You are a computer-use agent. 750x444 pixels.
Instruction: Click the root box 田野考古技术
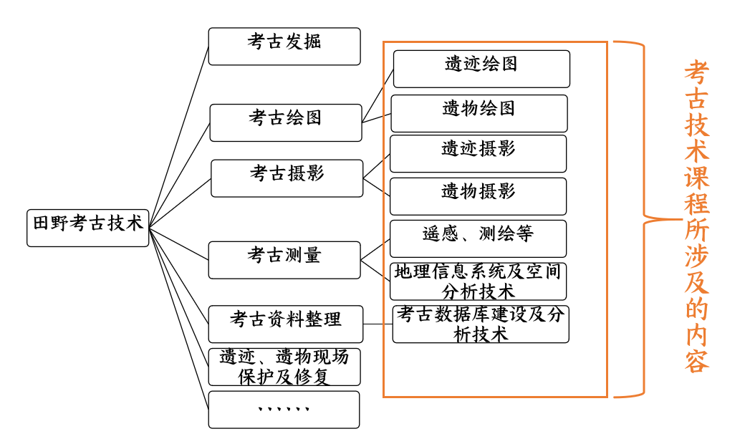pos(88,228)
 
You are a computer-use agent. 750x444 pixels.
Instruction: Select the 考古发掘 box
pos(284,47)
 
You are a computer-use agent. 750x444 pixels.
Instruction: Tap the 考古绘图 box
pos(286,123)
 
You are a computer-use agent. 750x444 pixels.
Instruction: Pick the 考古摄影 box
pos(287,178)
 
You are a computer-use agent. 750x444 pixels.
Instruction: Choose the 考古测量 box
pos(284,260)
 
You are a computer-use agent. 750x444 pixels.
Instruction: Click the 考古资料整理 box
pos(286,324)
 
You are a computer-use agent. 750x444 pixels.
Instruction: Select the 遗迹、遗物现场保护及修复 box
pos(284,367)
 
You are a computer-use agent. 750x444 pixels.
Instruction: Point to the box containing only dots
pos(284,410)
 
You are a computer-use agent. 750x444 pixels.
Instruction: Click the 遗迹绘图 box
pos(481,69)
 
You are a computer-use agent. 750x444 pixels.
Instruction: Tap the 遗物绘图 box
pos(479,113)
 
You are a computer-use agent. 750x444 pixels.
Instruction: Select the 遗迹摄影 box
pos(479,153)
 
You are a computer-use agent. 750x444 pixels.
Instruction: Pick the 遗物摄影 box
pos(479,196)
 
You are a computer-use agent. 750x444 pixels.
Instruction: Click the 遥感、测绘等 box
pos(479,238)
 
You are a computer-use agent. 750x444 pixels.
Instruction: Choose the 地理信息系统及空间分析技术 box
pos(479,281)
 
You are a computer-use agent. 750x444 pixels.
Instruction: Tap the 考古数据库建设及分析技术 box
pos(481,324)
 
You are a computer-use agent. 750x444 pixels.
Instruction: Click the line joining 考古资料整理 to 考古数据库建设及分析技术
pos(378,324)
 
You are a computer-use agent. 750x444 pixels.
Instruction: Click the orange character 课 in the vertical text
pos(696,177)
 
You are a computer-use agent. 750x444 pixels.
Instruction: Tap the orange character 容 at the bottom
pos(696,361)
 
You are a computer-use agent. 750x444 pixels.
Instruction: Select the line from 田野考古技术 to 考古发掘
pos(179,137)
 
